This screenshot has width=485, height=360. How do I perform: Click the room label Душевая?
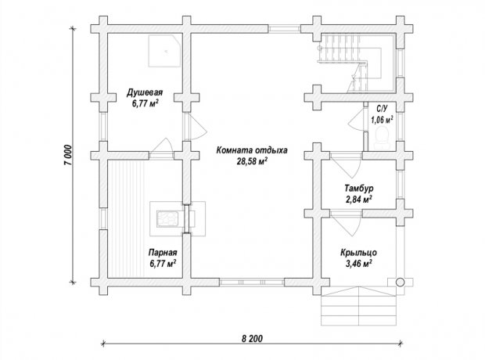coord(145,92)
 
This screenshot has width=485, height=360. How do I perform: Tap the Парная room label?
coord(163,253)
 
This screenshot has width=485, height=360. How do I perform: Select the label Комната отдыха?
coord(252,150)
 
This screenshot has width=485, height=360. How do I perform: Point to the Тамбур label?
coord(359,188)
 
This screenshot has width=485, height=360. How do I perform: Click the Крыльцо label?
coord(359,253)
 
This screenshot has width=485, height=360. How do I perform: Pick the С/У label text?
coord(382,109)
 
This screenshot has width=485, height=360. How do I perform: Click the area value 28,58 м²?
coord(252,161)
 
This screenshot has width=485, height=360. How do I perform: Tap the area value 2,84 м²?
coord(359,199)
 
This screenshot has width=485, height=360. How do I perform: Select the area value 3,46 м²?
coord(359,264)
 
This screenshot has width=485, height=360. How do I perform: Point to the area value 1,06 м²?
coord(382,120)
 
